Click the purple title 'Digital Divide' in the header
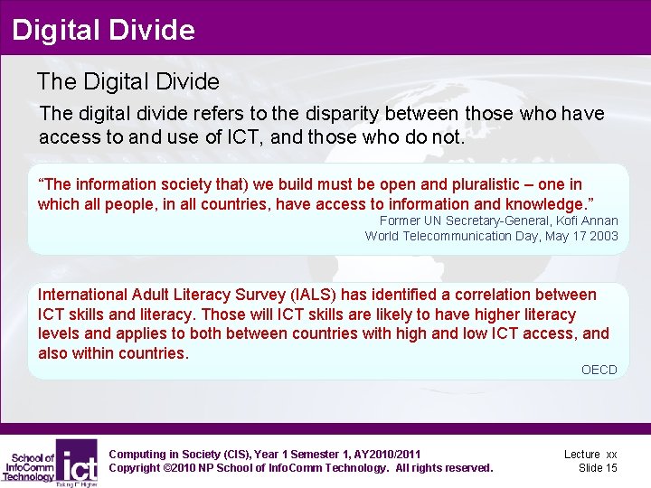point(103,30)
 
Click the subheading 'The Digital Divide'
point(127,81)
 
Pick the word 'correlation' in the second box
point(490,295)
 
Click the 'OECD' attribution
point(599,370)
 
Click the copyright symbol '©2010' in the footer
point(181,467)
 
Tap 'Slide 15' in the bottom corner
point(598,467)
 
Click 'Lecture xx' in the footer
point(590,454)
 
